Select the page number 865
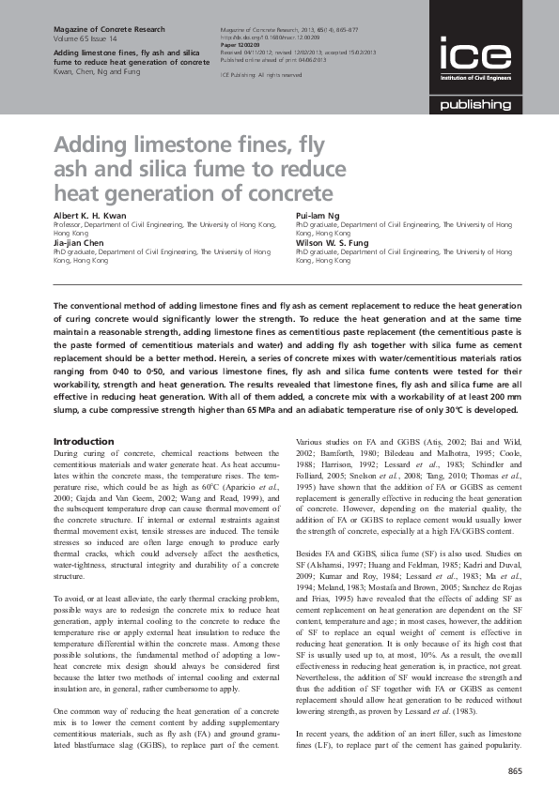point(514,771)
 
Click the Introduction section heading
point(85,441)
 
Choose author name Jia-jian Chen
point(81,241)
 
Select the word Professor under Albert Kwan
point(70,225)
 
